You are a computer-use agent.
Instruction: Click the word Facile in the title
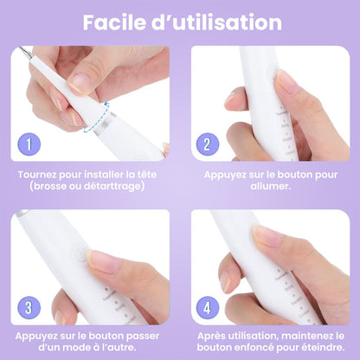(114, 22)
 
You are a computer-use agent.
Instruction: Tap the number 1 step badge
(29, 145)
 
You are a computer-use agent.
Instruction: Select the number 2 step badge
(208, 145)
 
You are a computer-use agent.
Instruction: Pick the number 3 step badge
(29, 308)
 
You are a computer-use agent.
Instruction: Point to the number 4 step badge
(208, 308)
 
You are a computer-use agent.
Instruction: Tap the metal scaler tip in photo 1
(25, 51)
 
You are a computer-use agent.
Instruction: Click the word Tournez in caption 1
(37, 175)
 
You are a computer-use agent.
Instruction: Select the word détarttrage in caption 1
(112, 186)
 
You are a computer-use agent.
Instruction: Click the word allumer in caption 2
(269, 186)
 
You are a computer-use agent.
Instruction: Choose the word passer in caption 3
(143, 337)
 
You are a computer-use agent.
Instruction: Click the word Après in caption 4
(212, 337)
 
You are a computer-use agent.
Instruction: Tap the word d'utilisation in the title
(216, 22)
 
